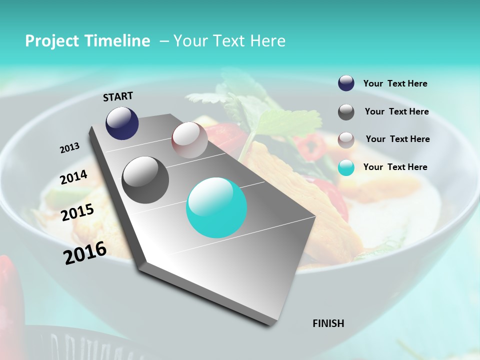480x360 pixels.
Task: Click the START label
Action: click(118, 96)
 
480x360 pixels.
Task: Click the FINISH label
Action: click(328, 323)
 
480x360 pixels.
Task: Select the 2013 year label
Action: click(69, 148)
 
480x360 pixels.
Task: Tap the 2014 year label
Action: click(73, 177)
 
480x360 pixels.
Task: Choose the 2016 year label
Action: click(85, 253)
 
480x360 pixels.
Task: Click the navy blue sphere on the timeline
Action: click(122, 123)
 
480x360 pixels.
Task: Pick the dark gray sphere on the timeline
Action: click(145, 180)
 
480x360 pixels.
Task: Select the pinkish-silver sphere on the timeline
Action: click(189, 140)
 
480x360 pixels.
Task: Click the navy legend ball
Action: click(346, 83)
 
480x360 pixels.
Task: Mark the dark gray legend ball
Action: click(346, 112)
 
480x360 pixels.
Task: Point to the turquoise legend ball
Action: click(346, 167)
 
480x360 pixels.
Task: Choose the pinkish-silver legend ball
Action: click(346, 140)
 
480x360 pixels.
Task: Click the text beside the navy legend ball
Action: click(395, 84)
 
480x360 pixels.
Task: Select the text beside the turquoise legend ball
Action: click(395, 167)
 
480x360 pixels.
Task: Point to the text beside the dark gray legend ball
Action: click(396, 111)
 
